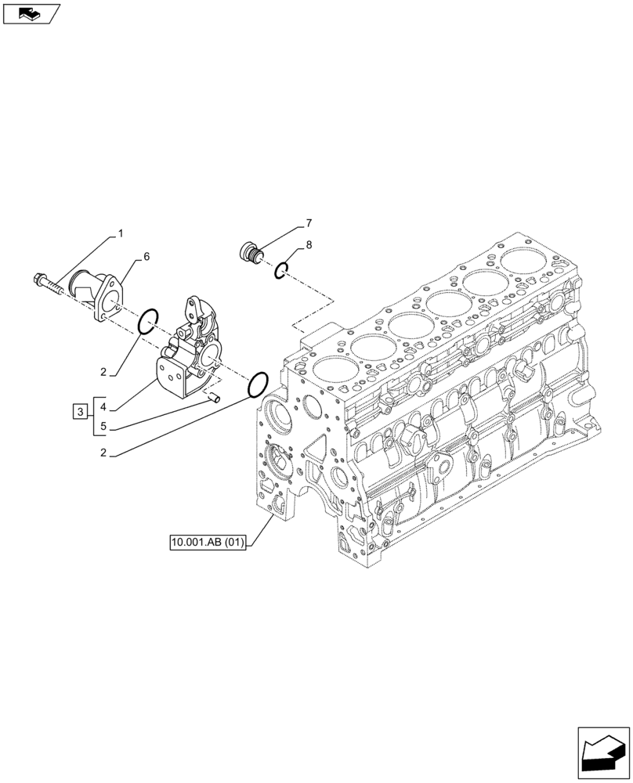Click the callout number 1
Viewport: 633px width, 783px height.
click(121, 233)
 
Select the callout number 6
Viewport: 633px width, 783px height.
click(146, 256)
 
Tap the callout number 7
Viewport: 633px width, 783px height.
click(309, 222)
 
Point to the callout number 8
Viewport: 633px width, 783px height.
click(309, 245)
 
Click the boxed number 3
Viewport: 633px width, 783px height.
click(79, 410)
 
